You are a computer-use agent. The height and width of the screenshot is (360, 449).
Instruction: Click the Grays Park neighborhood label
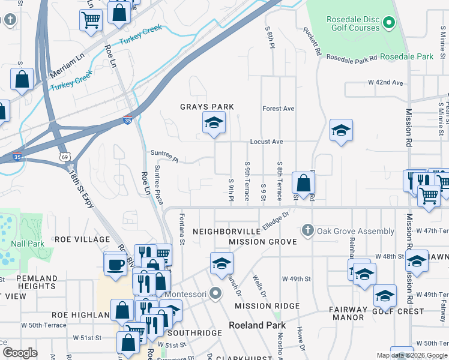point(207,107)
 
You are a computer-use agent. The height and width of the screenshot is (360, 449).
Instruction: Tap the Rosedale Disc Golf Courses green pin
point(388,23)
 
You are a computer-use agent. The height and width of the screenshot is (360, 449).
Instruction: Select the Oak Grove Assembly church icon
point(307,231)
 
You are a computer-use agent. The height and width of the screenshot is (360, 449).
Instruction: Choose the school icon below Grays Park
point(213,124)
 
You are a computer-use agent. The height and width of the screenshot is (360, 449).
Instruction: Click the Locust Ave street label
point(267,142)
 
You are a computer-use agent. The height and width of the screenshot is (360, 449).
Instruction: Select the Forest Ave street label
point(279,109)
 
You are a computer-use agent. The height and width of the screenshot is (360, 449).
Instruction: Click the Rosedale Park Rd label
point(352,58)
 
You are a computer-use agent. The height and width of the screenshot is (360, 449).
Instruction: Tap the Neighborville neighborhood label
point(224,231)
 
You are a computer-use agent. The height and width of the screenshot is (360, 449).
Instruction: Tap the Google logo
point(20,352)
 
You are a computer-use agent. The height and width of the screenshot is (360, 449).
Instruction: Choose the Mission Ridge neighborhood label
point(267,306)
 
